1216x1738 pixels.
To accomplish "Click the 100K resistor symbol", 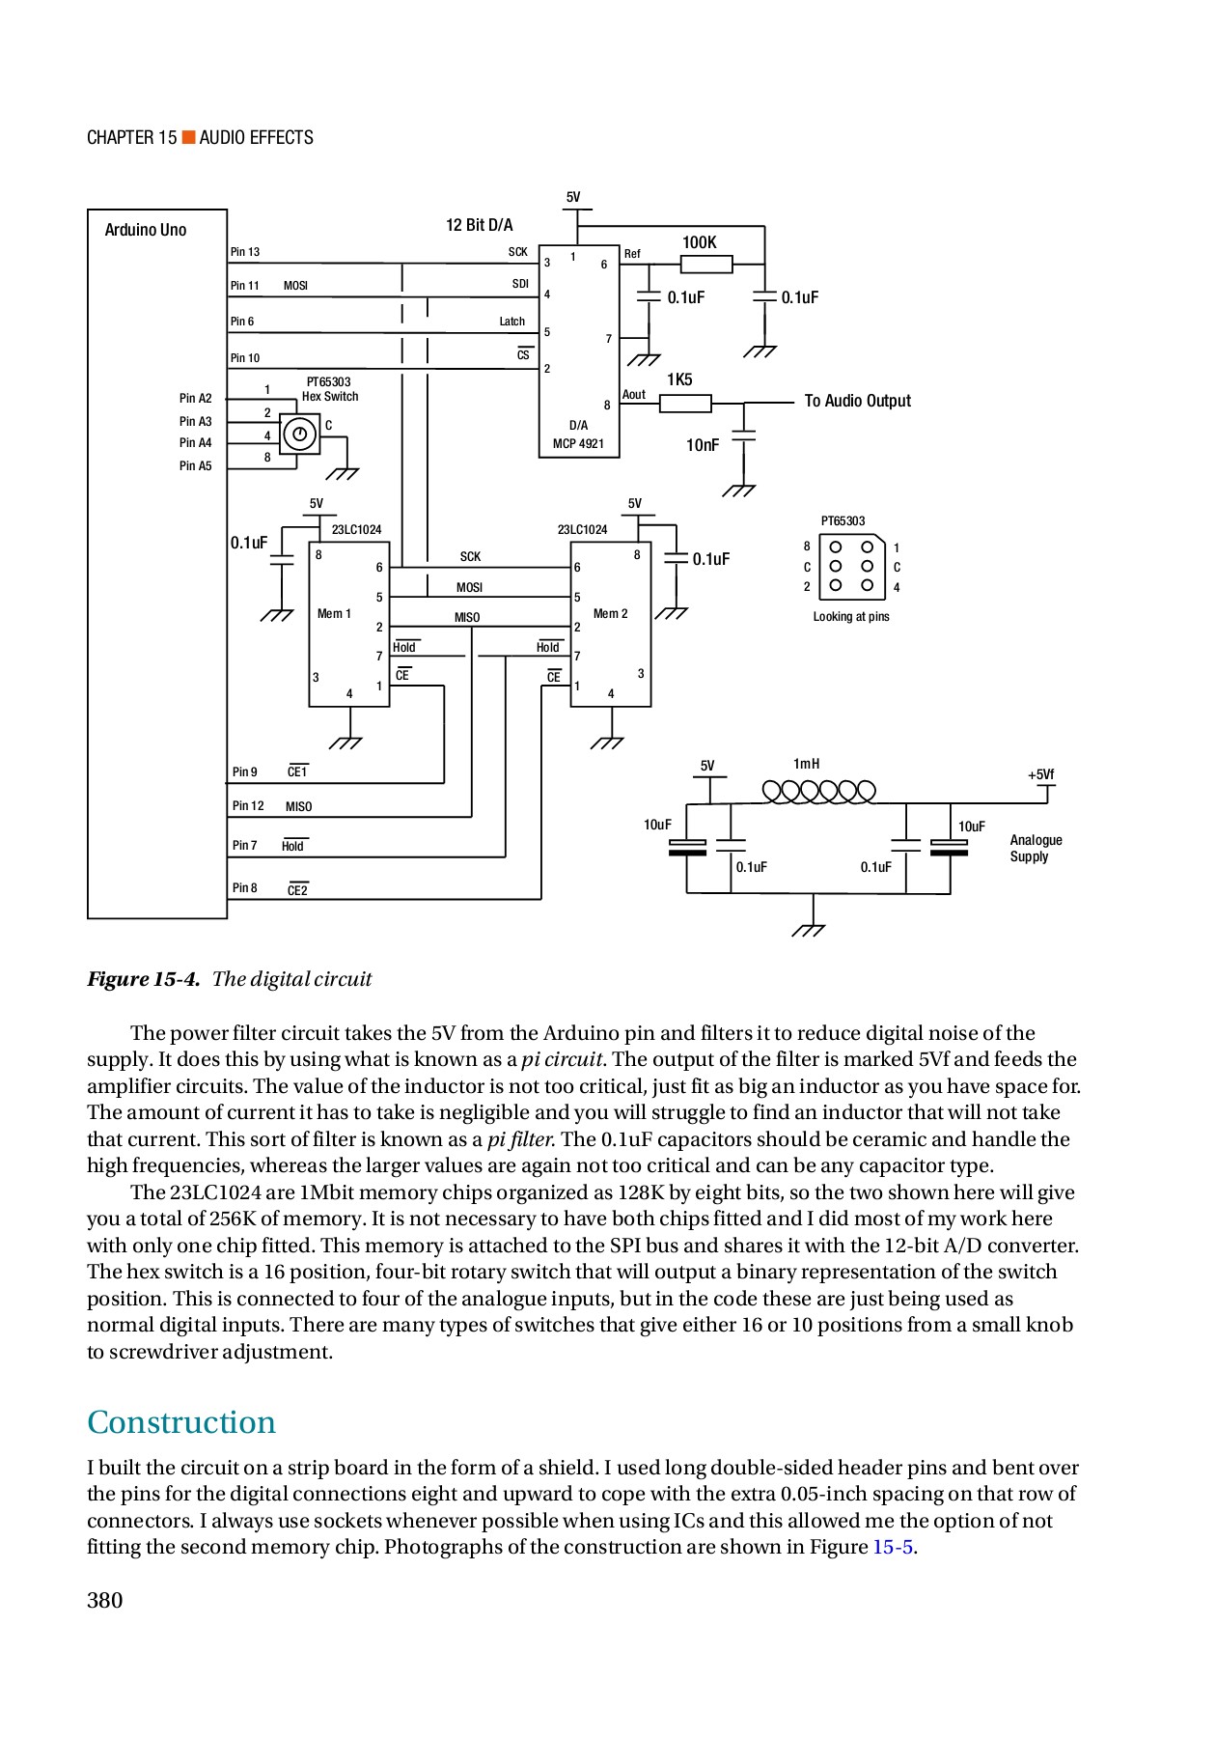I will [x=706, y=264].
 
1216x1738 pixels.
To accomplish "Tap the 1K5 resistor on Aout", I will [x=685, y=403].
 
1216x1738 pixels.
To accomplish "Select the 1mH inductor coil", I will [x=818, y=792].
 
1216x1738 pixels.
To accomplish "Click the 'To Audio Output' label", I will [x=857, y=401].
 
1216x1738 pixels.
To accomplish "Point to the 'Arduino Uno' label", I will [x=145, y=230].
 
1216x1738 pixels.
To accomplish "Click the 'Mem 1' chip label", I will [x=334, y=614].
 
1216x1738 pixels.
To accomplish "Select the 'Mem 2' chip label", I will [x=610, y=614].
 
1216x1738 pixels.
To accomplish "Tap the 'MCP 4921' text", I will [x=578, y=444].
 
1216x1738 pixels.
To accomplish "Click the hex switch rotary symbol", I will [x=299, y=434].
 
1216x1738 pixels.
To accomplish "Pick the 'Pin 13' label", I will [x=244, y=252].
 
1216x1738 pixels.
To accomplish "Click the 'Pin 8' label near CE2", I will [x=244, y=888].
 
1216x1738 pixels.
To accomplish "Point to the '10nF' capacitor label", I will [x=702, y=445].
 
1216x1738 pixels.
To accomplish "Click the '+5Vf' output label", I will [x=1040, y=774].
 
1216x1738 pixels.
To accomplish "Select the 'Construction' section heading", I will [x=181, y=1422].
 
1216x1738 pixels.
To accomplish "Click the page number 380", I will [x=105, y=1600].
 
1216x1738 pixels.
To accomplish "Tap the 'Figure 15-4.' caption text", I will [x=144, y=979].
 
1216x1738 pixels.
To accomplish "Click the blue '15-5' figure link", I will [x=893, y=1547].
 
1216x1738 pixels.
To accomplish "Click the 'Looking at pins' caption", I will [x=850, y=617].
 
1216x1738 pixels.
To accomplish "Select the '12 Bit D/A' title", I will [x=479, y=225].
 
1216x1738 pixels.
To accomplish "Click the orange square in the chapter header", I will [x=189, y=137].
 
